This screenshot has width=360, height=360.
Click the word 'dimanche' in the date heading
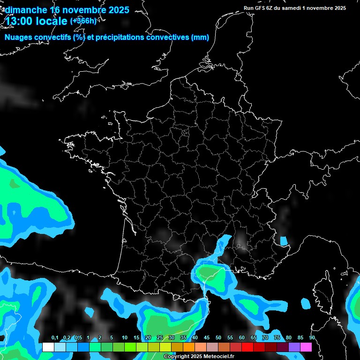(25, 10)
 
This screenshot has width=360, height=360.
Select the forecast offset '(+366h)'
(83, 21)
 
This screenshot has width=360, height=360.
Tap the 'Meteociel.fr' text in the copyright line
(219, 357)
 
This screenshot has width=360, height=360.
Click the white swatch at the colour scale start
(48, 347)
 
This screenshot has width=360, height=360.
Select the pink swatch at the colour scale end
(306, 347)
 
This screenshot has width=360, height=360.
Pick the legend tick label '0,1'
(55, 338)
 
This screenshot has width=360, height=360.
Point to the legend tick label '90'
(312, 338)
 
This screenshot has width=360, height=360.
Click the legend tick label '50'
(218, 338)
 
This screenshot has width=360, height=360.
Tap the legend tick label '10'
(124, 338)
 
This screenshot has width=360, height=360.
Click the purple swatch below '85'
(294, 347)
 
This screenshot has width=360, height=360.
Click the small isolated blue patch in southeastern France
(284, 241)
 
